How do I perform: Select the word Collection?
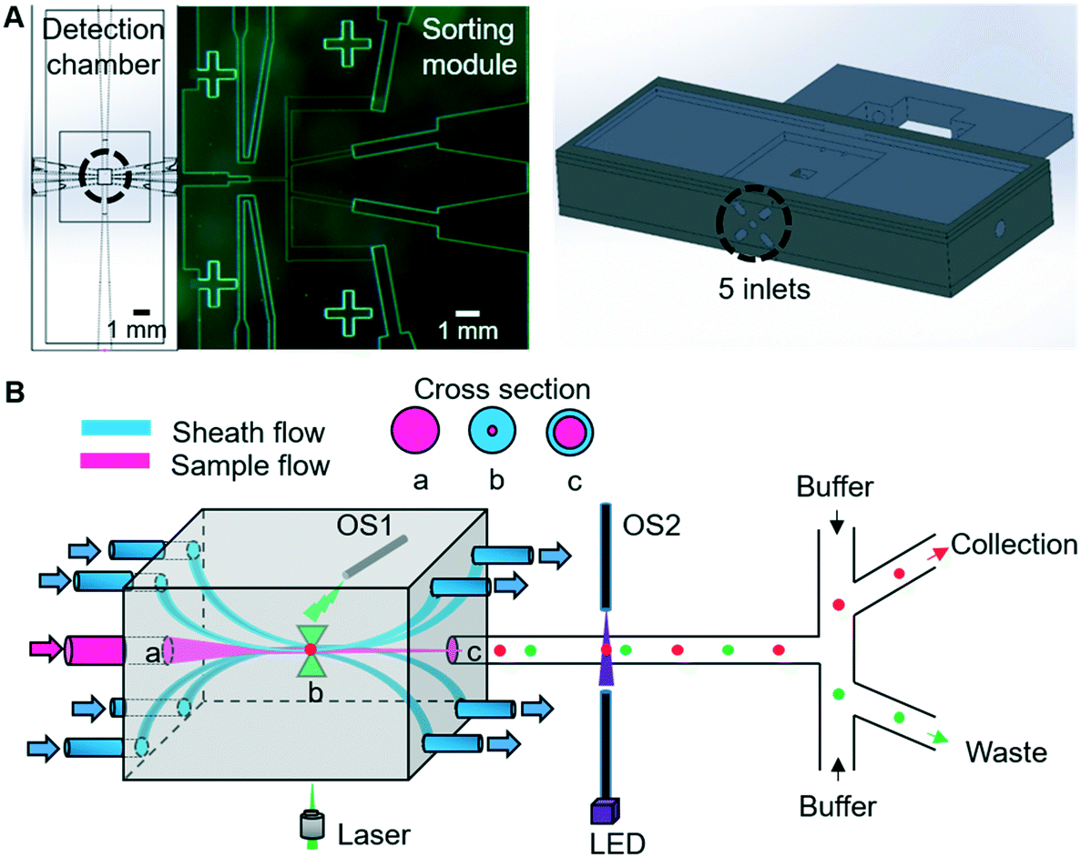click(1013, 545)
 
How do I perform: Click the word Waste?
click(1005, 752)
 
